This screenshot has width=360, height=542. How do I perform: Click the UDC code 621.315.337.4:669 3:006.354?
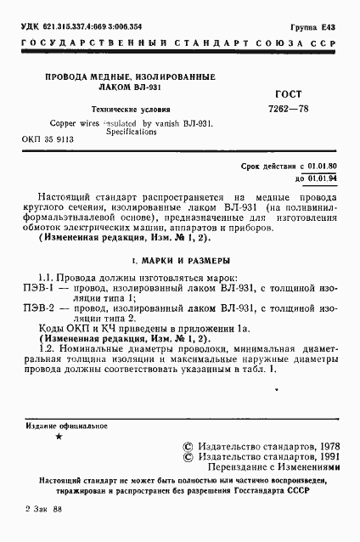[77, 28]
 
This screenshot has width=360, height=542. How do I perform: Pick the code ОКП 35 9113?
[50, 138]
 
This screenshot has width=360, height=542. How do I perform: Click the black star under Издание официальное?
[58, 436]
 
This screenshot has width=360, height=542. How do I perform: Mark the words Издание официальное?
[65, 424]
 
